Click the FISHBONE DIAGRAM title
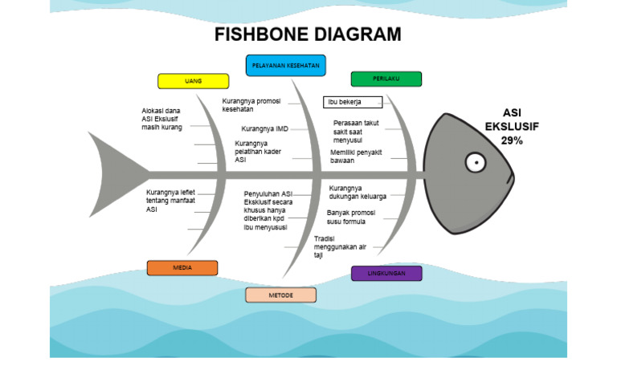coord(308,35)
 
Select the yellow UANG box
coord(193,81)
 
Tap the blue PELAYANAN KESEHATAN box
coord(285,65)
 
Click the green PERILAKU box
coord(386,79)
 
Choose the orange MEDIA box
coord(182,268)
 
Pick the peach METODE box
coord(280,295)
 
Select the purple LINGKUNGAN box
coord(386,274)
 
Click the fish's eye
coord(475,164)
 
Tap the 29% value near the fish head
coord(512,140)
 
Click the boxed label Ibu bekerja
coord(353,102)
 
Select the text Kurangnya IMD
coord(264,128)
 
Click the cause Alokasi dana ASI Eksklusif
coord(161,119)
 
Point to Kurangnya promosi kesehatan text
coord(251,105)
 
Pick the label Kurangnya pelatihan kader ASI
coord(258,152)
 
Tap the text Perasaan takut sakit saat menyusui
coord(356,131)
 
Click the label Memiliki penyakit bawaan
coord(356,156)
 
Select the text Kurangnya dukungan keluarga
coord(358,192)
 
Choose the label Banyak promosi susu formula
coord(351,217)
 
